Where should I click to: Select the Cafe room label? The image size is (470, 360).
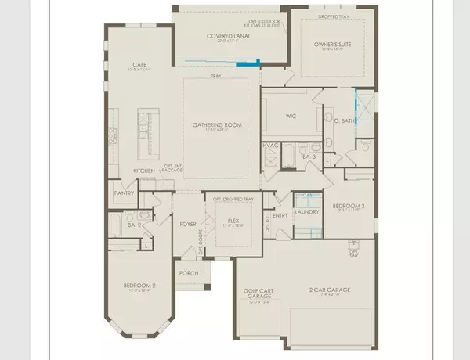pyautogui.click(x=141, y=65)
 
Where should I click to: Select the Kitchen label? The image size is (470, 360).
pyautogui.click(x=143, y=170)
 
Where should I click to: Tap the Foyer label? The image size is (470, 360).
pyautogui.click(x=188, y=224)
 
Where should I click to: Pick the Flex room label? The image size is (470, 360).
pyautogui.click(x=232, y=220)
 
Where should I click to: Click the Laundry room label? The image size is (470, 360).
pyautogui.click(x=304, y=211)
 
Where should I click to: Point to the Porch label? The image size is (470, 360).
pyautogui.click(x=188, y=273)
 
